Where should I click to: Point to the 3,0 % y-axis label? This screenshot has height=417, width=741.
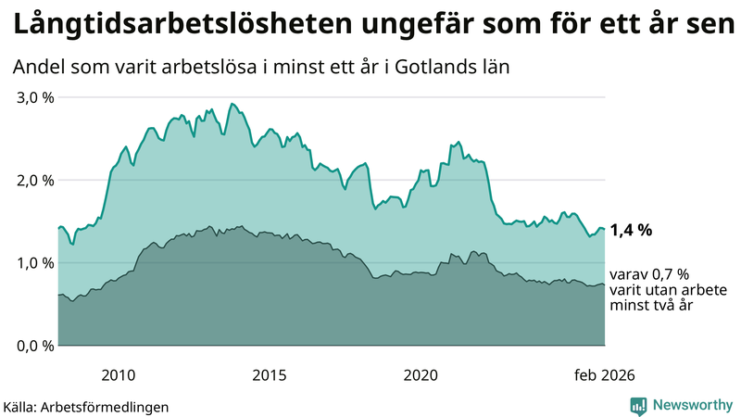[x=34, y=97]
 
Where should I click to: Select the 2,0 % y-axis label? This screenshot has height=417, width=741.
[x=34, y=180]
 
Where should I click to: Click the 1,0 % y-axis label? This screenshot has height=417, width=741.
[x=34, y=262]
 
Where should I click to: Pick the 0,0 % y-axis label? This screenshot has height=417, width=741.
[x=34, y=346]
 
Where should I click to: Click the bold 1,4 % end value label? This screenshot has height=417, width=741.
[x=631, y=232]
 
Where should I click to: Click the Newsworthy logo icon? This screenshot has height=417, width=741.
[x=638, y=405]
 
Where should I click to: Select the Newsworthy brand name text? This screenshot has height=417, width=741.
[x=691, y=405]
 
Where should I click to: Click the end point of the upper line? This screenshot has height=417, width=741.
[x=605, y=229]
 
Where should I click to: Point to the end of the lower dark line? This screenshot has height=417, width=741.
[x=605, y=285]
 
